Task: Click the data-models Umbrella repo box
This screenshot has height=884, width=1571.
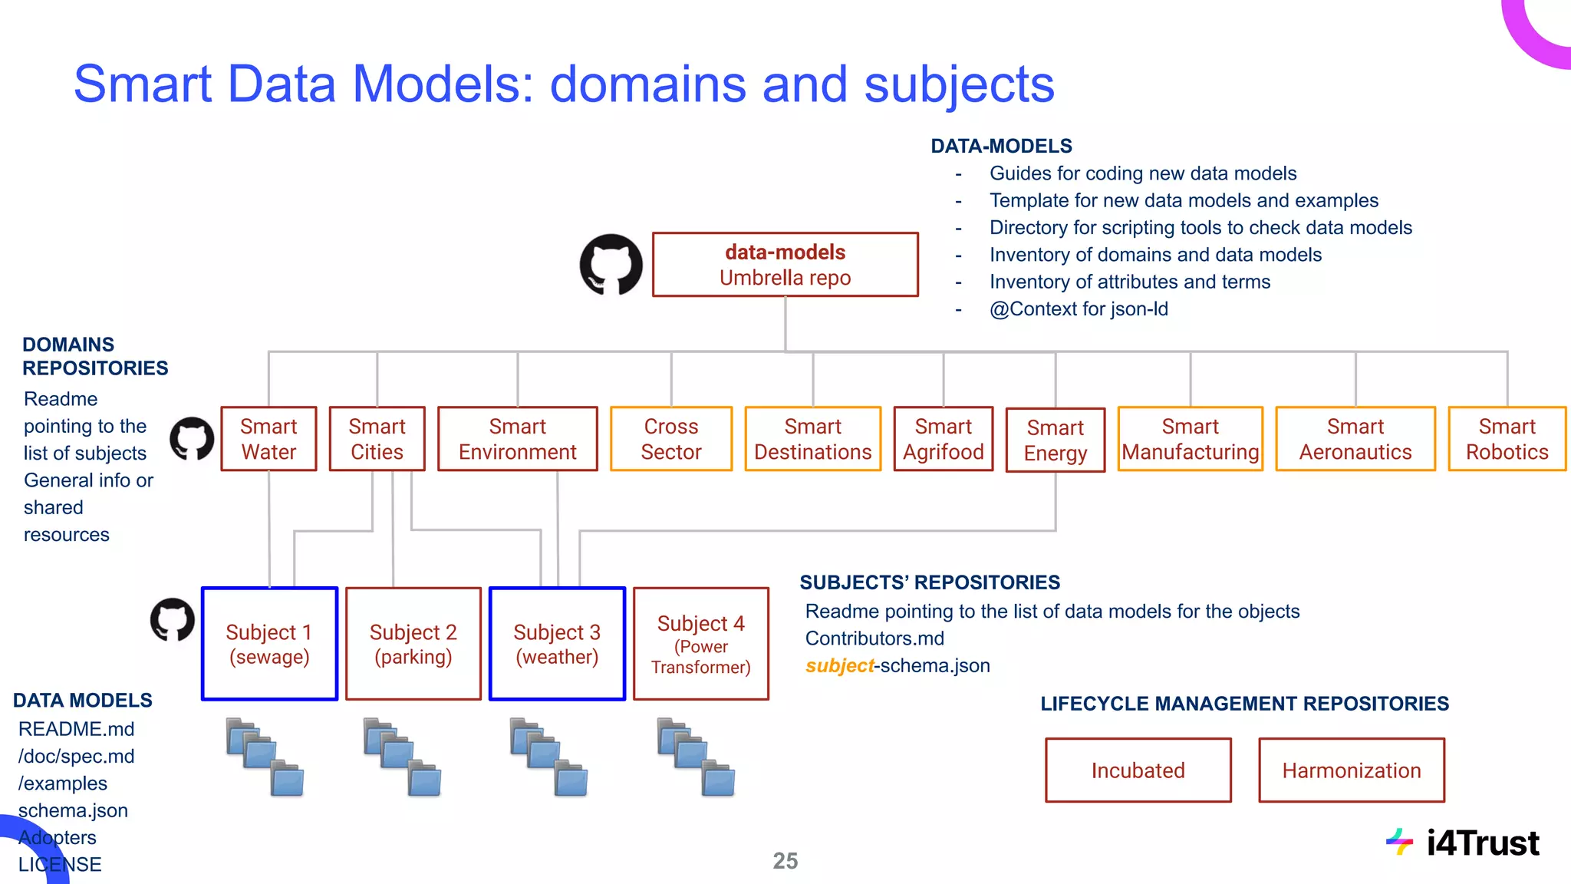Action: (x=785, y=265)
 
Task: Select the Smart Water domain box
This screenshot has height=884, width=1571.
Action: (x=268, y=439)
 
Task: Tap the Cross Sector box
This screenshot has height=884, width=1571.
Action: (x=671, y=439)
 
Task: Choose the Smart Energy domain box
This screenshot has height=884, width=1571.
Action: (x=1055, y=440)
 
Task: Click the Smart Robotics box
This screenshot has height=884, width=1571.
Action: (x=1507, y=439)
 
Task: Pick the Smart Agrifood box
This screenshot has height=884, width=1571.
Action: (x=943, y=439)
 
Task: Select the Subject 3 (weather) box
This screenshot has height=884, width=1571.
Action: (x=557, y=644)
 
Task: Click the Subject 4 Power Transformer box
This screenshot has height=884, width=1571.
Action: (x=700, y=644)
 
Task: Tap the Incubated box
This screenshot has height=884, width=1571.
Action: (x=1138, y=770)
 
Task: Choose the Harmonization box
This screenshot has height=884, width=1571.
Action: (x=1351, y=770)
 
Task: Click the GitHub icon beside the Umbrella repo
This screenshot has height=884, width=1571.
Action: (x=611, y=265)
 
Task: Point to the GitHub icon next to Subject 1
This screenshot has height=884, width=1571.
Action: (x=172, y=619)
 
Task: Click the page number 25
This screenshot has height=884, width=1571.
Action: (x=785, y=861)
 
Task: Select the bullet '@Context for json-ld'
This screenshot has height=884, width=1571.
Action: (x=1079, y=309)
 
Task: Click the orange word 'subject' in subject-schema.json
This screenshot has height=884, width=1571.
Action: (x=839, y=665)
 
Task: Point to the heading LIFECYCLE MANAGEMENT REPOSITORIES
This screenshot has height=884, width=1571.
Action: (x=1244, y=704)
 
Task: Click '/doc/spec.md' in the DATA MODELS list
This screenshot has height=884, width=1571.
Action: (x=76, y=757)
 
